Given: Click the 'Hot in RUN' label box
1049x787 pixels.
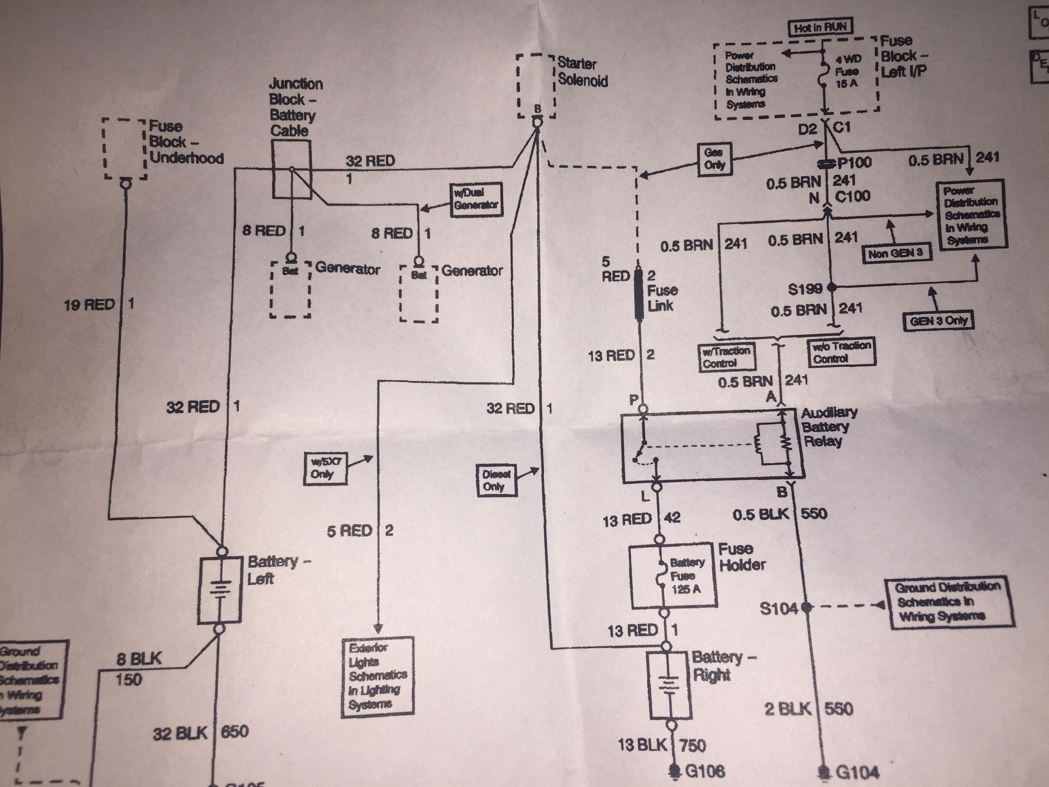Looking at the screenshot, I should point(820,27).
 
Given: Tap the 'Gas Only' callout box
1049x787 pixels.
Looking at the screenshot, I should point(714,158).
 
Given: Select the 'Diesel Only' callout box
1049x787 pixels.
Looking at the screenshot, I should point(496,480).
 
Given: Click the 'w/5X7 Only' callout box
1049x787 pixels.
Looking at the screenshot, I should point(323,468).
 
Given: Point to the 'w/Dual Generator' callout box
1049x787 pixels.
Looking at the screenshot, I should point(476,199).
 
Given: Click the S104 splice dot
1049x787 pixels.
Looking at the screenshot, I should point(806,608).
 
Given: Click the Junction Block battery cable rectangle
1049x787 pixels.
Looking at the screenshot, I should point(292,169).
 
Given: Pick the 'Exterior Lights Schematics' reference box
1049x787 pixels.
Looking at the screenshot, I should point(378,675).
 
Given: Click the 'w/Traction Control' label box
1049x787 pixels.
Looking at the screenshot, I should point(726,357).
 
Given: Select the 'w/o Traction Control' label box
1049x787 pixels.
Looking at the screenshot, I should point(841,353).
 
